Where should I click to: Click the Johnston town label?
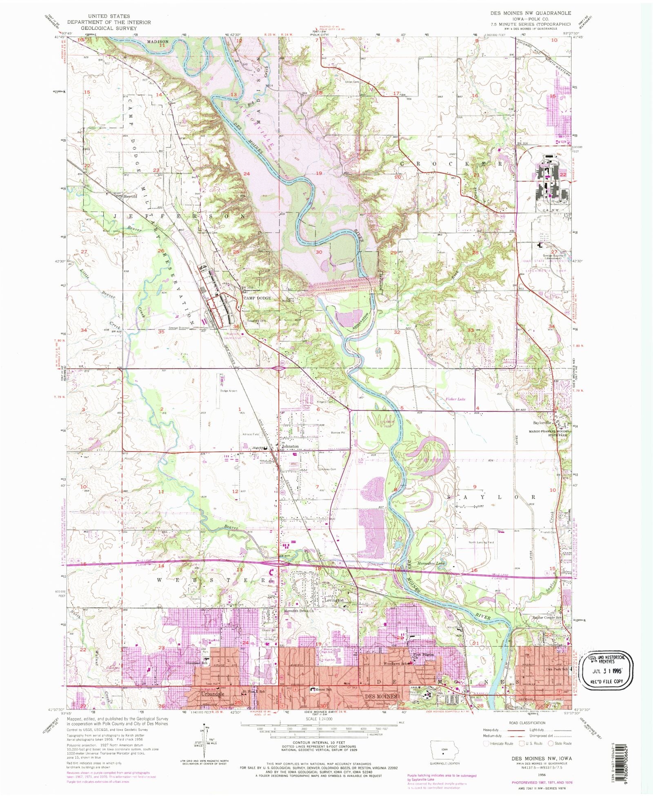click(290, 447)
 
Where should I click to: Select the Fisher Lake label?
click(455, 399)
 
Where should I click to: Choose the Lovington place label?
click(334, 600)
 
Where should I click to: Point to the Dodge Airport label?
click(229, 391)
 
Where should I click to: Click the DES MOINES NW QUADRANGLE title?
click(531, 13)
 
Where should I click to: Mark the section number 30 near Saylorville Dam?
click(319, 252)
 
